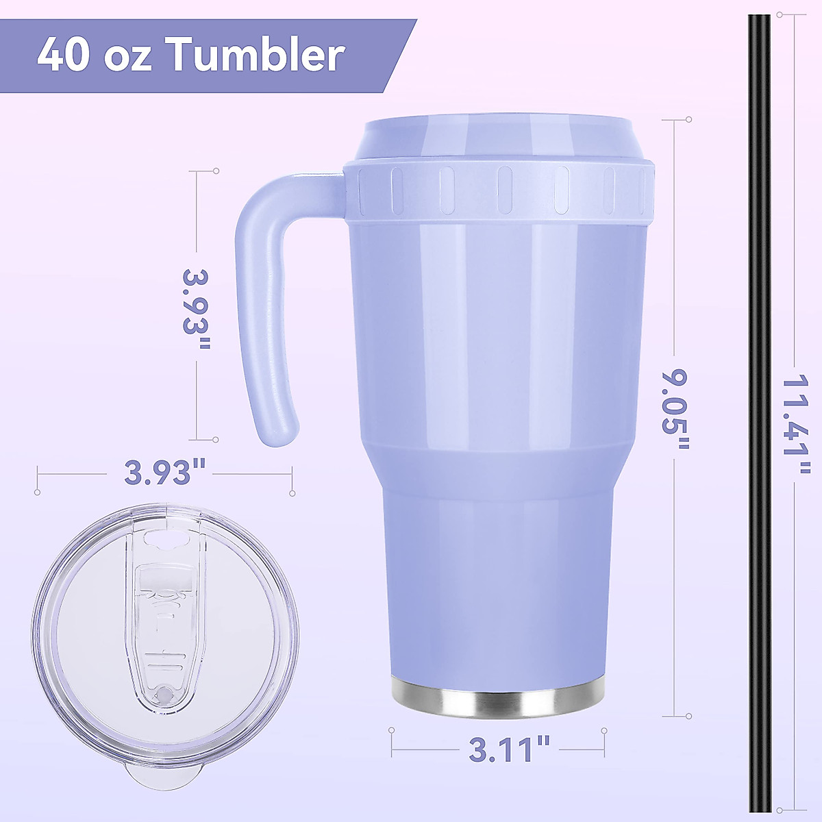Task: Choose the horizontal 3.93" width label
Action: [165, 472]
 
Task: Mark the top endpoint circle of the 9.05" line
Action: [688, 120]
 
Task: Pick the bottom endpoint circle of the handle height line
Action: [216, 440]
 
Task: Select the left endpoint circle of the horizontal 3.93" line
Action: [37, 491]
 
